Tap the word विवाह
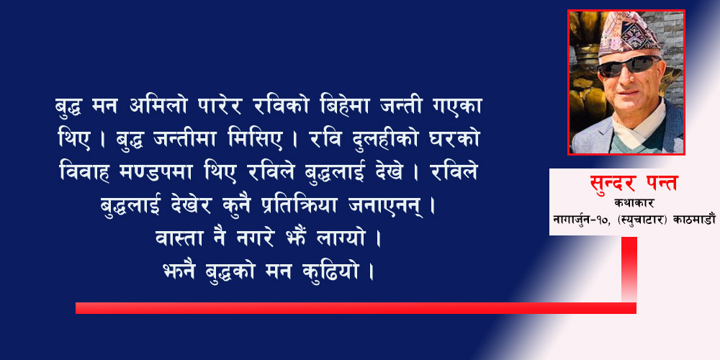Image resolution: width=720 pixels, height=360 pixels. (x=84, y=172)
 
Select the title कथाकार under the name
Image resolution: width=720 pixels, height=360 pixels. (x=633, y=203)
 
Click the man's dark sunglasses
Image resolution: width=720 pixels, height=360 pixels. (x=629, y=66)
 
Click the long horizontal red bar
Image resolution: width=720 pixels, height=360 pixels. (x=356, y=308)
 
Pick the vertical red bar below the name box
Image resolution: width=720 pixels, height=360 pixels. (x=629, y=269)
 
